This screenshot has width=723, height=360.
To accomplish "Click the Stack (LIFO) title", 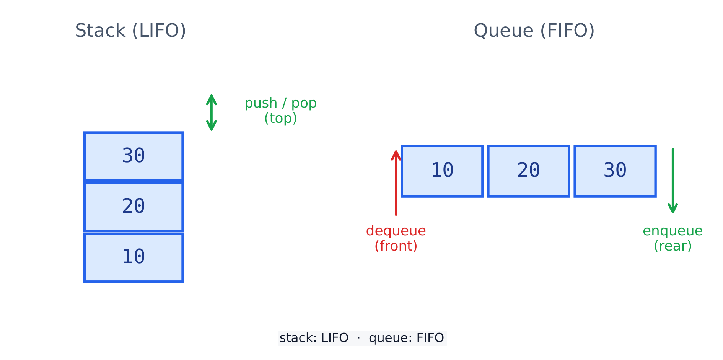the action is (130, 31).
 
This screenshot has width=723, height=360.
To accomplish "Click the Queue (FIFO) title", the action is (534, 31).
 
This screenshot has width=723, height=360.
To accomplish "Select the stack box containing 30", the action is (134, 156).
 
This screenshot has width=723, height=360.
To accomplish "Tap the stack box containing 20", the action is (134, 207).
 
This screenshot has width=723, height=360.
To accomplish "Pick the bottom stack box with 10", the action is (134, 257).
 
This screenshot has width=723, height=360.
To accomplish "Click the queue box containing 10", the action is (442, 171).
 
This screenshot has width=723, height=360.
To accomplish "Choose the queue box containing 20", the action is (529, 171).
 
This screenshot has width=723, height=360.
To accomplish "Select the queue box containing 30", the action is (615, 171).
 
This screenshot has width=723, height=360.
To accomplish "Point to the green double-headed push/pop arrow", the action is (212, 112).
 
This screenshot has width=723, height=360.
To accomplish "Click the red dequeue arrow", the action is (396, 183).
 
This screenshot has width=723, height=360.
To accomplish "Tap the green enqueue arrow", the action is (673, 181).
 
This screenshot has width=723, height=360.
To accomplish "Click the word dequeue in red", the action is (396, 231).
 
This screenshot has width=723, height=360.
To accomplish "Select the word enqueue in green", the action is (673, 231).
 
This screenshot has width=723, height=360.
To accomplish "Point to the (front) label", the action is (396, 246).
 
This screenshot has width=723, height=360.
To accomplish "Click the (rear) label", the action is (673, 246).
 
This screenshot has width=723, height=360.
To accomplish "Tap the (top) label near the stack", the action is (280, 118).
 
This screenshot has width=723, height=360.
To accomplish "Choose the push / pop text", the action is (280, 103).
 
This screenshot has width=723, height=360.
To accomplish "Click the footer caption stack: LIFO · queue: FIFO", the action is (362, 338).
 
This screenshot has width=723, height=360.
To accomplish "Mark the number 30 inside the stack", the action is (134, 156).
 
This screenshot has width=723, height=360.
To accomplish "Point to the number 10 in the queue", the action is (442, 170).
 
